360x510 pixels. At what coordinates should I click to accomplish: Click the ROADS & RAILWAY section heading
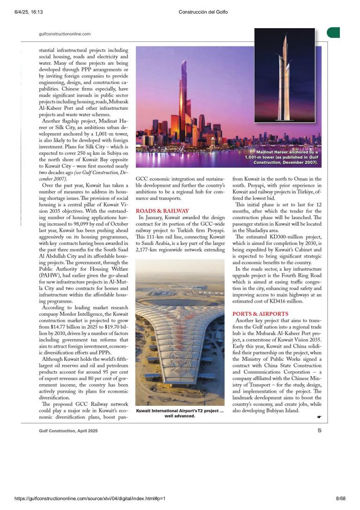(162, 211)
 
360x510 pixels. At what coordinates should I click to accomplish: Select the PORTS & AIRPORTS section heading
(260, 313)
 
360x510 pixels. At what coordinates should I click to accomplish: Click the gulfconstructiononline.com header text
(65, 34)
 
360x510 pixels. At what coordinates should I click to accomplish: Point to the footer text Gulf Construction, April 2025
(68, 430)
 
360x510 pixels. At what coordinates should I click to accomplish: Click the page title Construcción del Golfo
(203, 12)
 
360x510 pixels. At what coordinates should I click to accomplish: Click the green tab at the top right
(333, 32)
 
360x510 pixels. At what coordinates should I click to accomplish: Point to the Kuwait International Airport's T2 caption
(180, 413)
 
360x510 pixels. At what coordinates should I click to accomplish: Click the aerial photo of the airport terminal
(180, 333)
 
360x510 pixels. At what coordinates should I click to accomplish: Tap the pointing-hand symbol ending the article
(319, 416)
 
